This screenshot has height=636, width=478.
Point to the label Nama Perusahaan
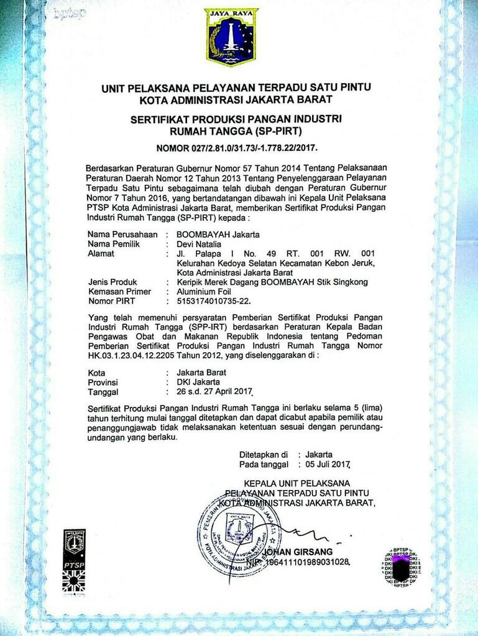[124, 234]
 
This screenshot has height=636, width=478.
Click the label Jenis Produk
[115, 283]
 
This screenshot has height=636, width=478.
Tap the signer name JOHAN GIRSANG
[298, 552]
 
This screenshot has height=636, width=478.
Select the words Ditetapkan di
[264, 454]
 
